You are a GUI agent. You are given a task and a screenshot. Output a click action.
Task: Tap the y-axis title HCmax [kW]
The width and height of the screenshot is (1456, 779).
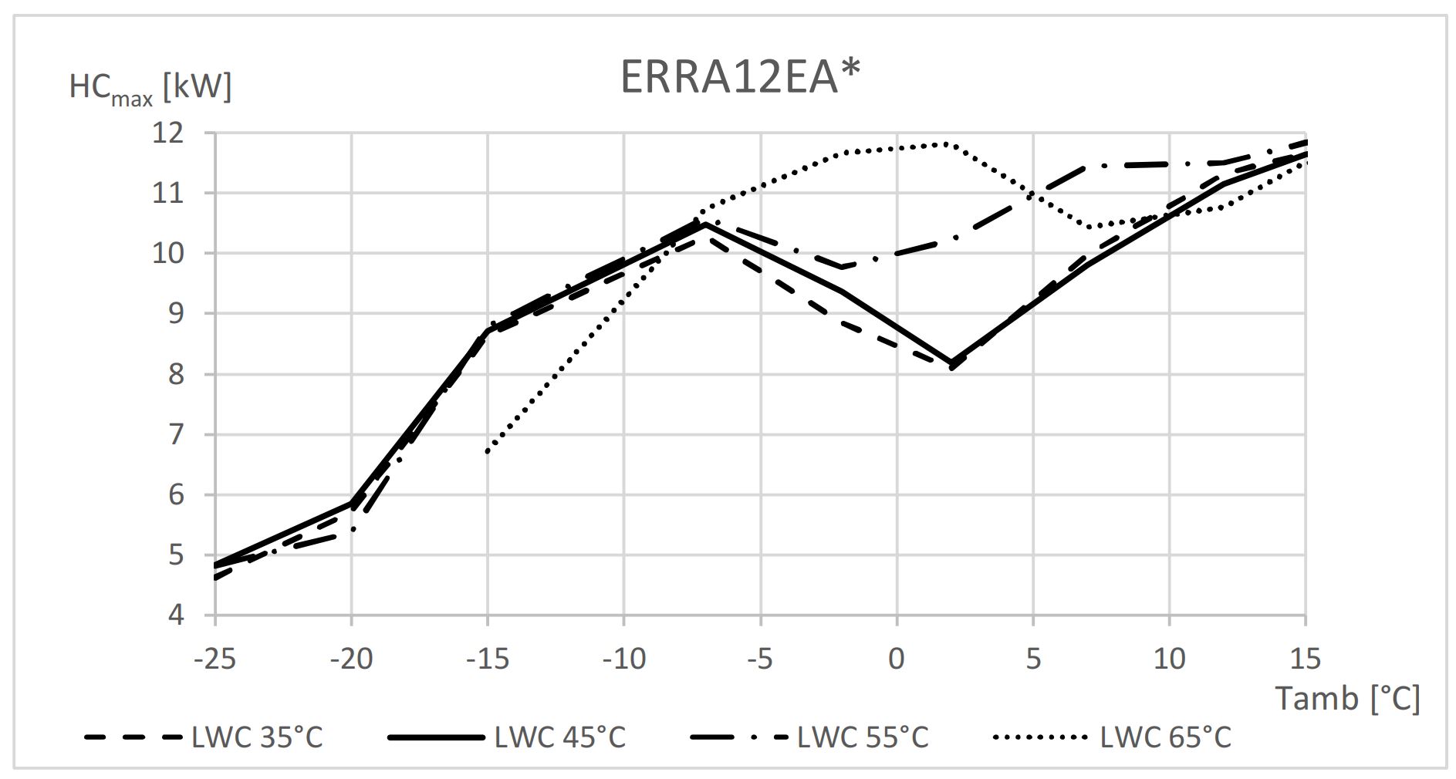tap(150, 87)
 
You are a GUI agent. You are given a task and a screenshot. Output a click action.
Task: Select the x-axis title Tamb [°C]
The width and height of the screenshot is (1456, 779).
tap(1346, 698)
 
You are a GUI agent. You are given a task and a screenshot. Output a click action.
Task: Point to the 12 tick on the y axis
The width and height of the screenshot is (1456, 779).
tap(167, 133)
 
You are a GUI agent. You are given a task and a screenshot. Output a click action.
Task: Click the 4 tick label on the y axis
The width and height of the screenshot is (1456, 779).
tap(177, 615)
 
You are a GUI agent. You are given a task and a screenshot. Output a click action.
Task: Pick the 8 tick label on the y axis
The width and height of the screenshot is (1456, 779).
tap(177, 374)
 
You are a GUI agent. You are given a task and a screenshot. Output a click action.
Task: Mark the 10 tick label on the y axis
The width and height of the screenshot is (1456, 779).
tap(167, 254)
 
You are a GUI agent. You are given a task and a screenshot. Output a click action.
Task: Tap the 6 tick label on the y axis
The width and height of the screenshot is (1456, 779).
tap(177, 494)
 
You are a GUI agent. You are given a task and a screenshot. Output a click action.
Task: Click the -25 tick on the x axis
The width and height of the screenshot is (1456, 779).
tap(215, 659)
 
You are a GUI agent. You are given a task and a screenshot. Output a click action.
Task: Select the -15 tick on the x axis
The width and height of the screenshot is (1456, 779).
tap(488, 659)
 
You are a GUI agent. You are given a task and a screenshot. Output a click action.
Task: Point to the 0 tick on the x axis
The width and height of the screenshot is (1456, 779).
tap(897, 659)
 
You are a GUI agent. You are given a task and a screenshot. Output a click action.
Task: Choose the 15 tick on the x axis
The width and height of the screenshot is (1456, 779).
tap(1305, 659)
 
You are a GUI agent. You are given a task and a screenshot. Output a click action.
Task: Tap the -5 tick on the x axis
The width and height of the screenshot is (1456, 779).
tap(760, 659)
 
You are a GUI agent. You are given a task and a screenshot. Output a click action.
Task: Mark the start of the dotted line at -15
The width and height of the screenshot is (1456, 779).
tap(488, 451)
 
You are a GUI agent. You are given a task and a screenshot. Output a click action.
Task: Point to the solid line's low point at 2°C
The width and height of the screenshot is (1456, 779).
tap(951, 362)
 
